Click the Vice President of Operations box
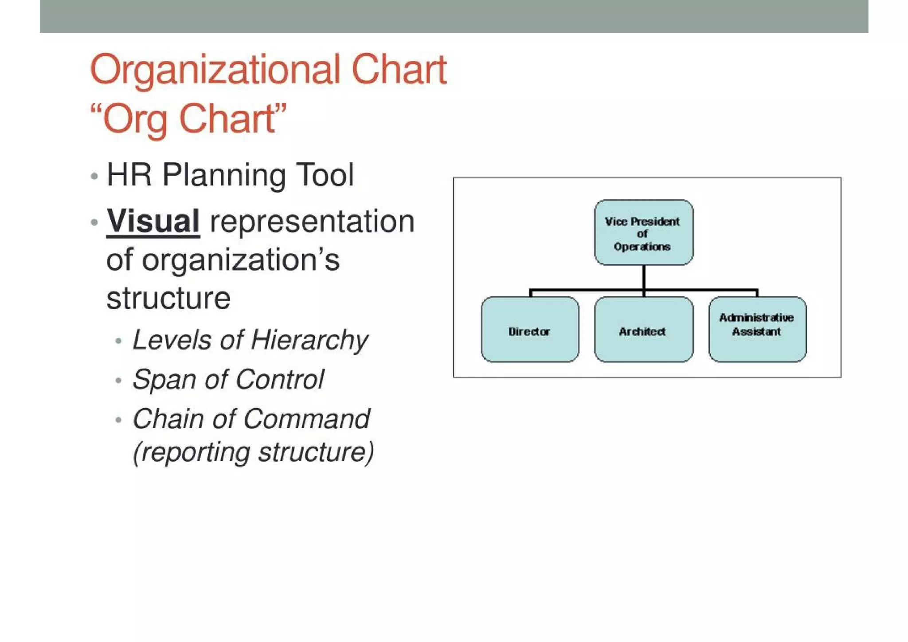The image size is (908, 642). point(643,232)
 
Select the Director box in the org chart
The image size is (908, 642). point(529,330)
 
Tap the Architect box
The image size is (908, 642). point(643,330)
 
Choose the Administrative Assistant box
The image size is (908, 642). point(757,330)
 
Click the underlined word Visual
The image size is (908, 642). point(153,221)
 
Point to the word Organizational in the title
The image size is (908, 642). point(215,70)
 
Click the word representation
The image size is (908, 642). point(312,222)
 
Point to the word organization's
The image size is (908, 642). point(241,260)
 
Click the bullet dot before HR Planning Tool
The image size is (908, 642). point(94,176)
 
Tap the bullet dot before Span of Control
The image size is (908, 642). point(118,381)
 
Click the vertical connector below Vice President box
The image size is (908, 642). point(643,277)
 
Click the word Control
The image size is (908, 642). point(280,380)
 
